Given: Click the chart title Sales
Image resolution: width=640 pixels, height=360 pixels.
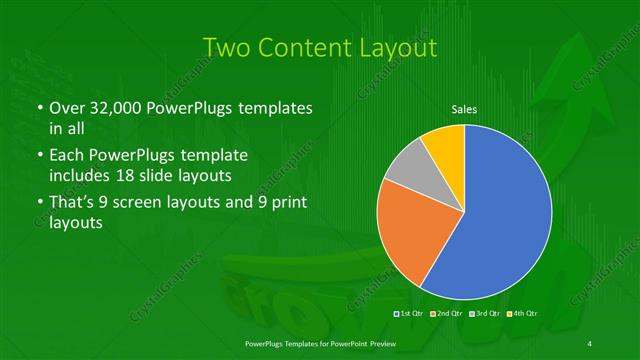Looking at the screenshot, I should point(464,109).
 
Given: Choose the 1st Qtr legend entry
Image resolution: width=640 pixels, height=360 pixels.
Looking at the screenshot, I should point(411,315).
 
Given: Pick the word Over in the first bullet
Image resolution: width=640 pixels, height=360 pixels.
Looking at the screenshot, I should point(67,108).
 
